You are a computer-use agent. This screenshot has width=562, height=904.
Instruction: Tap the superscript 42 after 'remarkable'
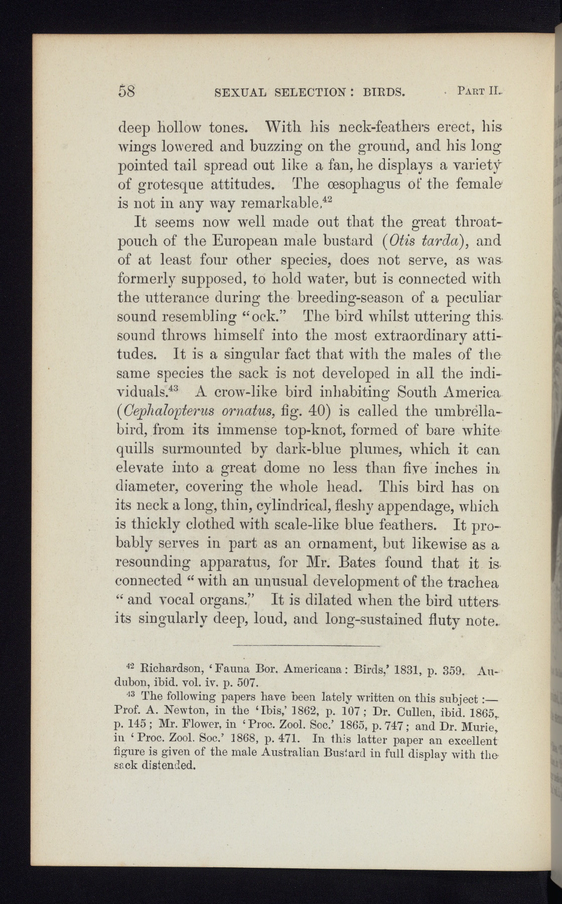(x=328, y=199)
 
